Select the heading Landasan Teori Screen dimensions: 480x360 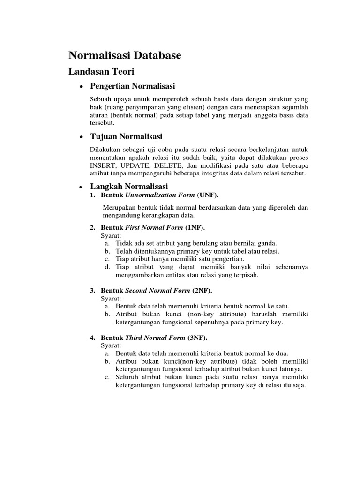[x=101, y=72]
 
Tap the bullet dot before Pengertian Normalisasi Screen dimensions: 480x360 [x=82, y=87]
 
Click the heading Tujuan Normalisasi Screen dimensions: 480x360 [x=126, y=136]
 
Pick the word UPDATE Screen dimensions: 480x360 [x=136, y=165]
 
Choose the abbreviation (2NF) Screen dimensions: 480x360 [x=202, y=290]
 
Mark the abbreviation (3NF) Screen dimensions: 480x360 [x=197, y=337]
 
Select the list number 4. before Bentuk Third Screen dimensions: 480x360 [x=93, y=337]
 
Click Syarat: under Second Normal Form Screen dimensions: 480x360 [x=111, y=298]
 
